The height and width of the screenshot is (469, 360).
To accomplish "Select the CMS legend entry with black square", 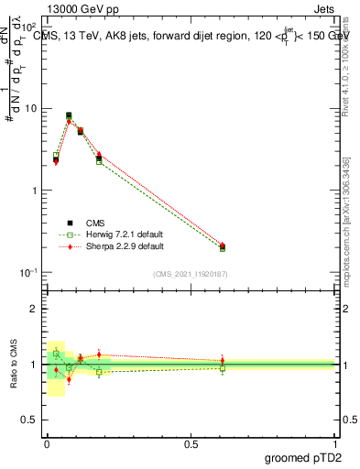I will tap(94, 223).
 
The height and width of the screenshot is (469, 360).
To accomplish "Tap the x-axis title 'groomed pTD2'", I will tap(302, 457).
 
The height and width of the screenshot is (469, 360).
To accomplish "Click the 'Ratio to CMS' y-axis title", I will tap(15, 364).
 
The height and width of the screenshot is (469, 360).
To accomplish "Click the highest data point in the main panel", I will tap(69, 115).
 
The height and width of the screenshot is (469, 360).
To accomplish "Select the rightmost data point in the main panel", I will tap(222, 246).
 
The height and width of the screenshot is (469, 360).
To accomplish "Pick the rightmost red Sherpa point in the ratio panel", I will tap(222, 361).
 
